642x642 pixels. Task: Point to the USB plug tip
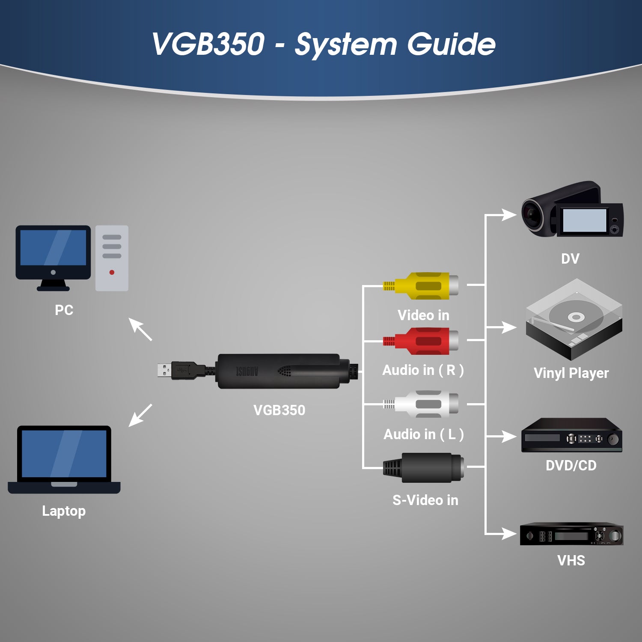coord(164,370)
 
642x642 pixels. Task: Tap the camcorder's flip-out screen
coord(584,220)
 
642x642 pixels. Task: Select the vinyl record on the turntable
coord(576,317)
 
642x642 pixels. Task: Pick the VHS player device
coord(571,535)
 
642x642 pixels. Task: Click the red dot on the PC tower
coord(112,272)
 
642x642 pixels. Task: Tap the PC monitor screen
coord(53,248)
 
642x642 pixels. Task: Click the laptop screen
coord(64,454)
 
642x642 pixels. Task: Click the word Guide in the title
coord(451,44)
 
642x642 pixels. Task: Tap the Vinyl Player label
coord(571,373)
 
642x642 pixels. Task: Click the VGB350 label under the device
coord(279,410)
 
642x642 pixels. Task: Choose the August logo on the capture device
coord(247,371)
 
